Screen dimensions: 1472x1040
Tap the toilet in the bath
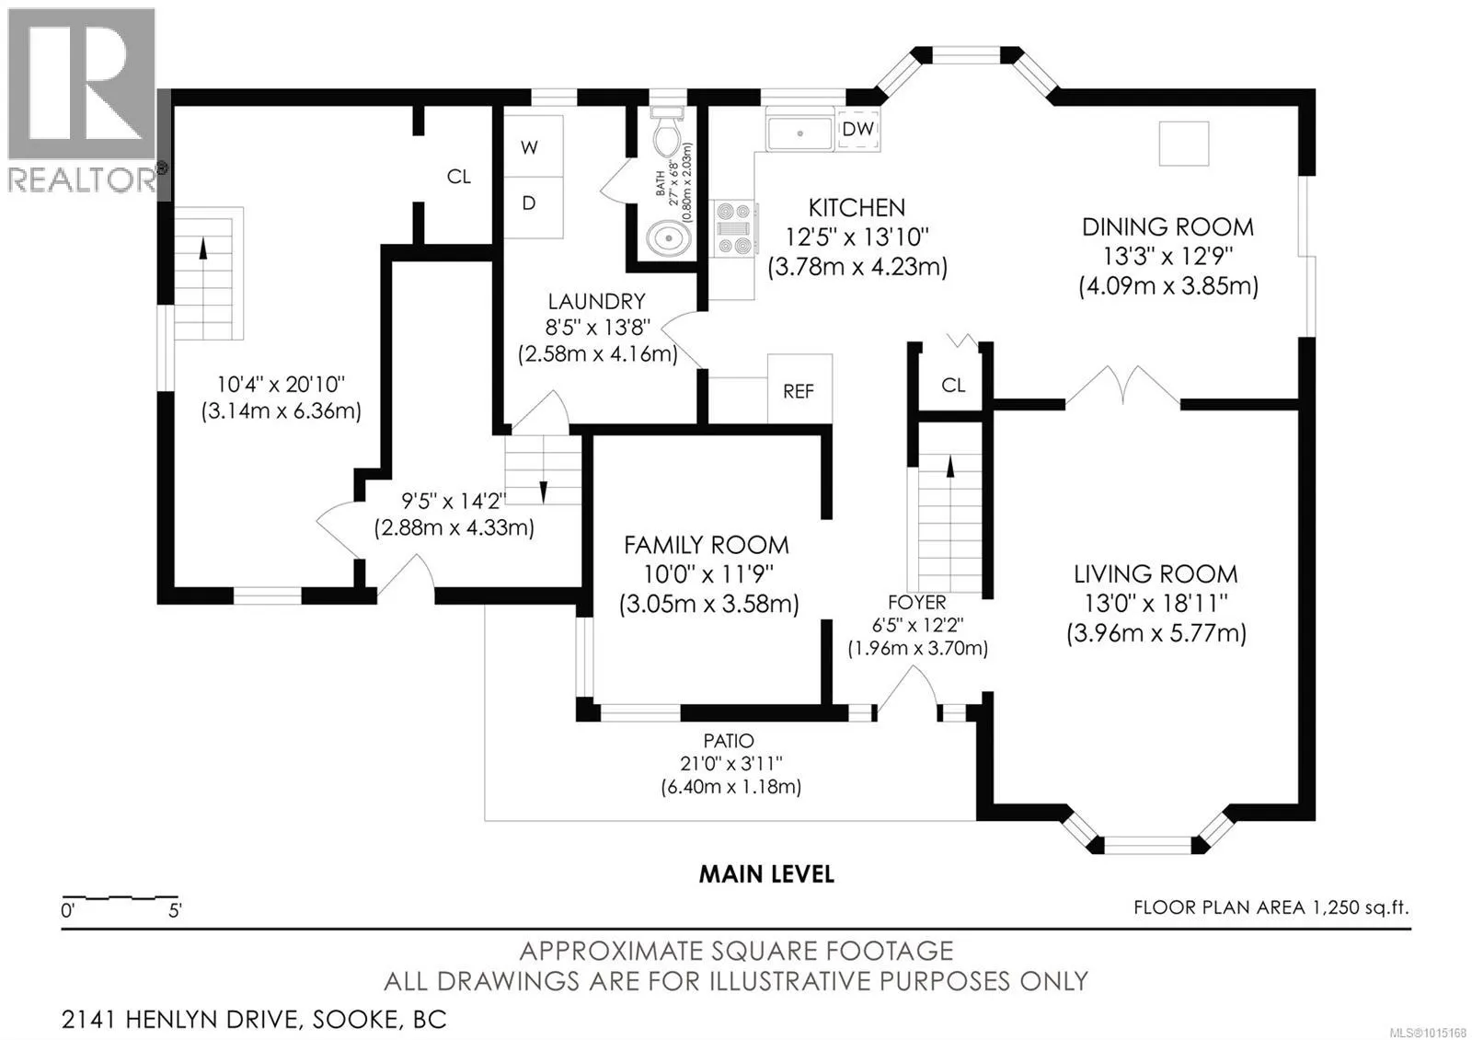click(667, 134)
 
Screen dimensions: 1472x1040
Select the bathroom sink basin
click(668, 238)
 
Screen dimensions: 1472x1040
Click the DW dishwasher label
click(858, 129)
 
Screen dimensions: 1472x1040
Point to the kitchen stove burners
click(734, 229)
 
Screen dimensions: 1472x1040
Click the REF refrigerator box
click(799, 388)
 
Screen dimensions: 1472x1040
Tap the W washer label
click(530, 147)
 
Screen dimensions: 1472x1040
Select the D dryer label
click(529, 203)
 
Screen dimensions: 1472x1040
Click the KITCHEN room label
click(857, 208)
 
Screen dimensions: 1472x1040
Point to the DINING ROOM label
click(1167, 227)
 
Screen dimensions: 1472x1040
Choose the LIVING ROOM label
click(1156, 574)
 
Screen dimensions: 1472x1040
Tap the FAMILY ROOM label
click(706, 546)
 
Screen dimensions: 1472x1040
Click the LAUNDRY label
click(597, 302)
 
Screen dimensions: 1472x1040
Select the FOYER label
click(916, 602)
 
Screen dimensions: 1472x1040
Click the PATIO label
click(728, 741)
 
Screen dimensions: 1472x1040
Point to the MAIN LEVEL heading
click(766, 874)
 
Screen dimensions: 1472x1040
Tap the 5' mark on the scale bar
click(175, 910)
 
